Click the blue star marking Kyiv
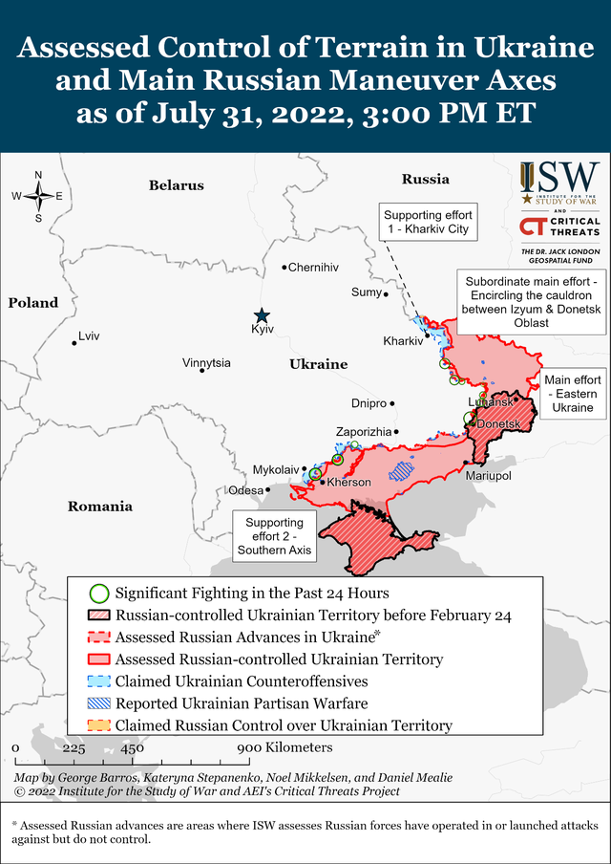point(262,315)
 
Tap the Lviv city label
point(89,335)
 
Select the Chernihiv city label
point(313,268)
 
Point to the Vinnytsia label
point(206,363)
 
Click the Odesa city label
point(245,490)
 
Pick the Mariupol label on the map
point(488,475)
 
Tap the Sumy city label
point(366,292)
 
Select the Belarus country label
point(177,185)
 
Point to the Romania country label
point(99,507)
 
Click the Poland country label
point(33,303)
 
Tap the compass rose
point(38,196)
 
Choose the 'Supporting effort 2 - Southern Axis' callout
point(274,536)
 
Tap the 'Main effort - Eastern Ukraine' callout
point(573,394)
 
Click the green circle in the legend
point(96,594)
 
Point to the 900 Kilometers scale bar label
point(284,746)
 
